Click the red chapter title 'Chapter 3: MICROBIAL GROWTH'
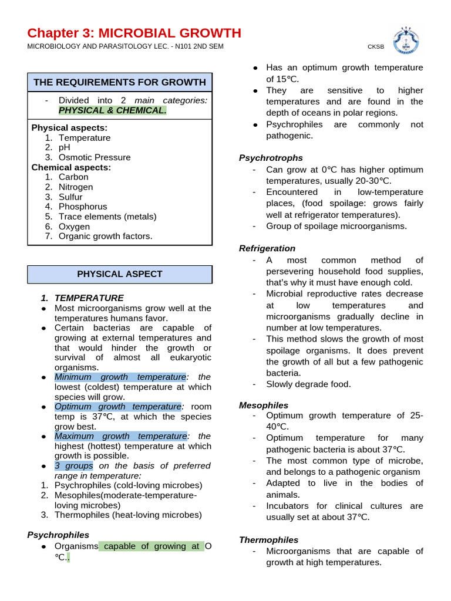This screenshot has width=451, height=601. [x=134, y=33]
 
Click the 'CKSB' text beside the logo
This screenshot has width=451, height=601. [x=376, y=47]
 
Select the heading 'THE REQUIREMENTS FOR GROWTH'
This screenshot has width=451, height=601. [x=120, y=82]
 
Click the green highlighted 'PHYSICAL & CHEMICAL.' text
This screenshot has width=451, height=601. [x=112, y=110]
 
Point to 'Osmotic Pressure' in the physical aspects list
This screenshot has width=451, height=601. [x=95, y=157]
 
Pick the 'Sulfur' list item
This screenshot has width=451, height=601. [x=70, y=197]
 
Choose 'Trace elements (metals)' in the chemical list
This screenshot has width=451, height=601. [x=107, y=217]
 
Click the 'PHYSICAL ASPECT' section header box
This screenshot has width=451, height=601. [x=120, y=274]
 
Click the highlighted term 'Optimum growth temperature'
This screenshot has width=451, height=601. [x=117, y=406]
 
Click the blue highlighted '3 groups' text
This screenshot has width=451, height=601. [x=73, y=465]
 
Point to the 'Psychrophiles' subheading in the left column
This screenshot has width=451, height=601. [x=58, y=535]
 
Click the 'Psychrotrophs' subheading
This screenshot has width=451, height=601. [x=271, y=158]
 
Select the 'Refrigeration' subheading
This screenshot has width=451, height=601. [x=267, y=248]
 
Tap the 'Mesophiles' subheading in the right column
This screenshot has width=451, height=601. [x=264, y=405]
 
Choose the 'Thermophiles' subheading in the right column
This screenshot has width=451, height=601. [x=268, y=539]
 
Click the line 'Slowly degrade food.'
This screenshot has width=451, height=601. [x=308, y=384]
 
